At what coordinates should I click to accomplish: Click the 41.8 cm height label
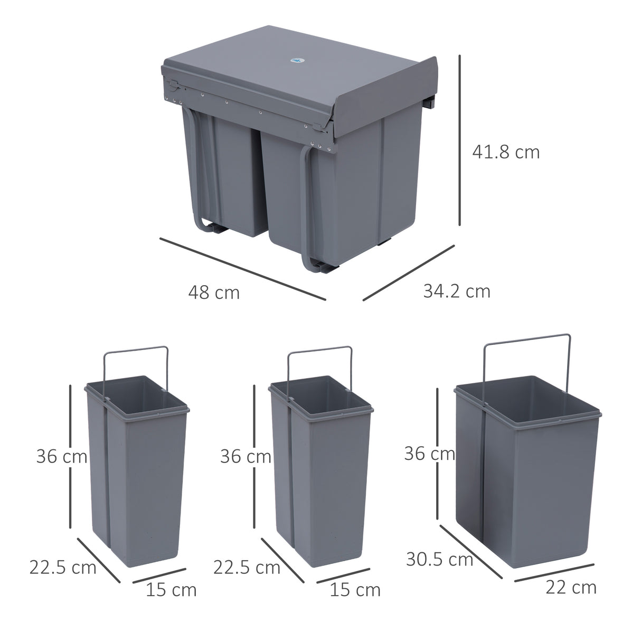(x=506, y=152)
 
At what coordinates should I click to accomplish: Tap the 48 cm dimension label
(x=214, y=292)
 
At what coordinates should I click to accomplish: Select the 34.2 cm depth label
(x=457, y=291)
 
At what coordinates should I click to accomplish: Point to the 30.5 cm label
(x=439, y=559)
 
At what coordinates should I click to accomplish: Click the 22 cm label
(x=571, y=587)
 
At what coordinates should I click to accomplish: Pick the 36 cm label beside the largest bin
(x=429, y=453)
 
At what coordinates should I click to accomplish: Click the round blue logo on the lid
(x=296, y=62)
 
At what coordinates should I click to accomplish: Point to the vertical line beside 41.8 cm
(x=460, y=140)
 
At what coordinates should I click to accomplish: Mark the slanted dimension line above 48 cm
(x=242, y=269)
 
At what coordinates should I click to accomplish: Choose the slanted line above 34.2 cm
(x=408, y=273)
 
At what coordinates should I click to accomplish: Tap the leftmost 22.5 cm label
(x=63, y=568)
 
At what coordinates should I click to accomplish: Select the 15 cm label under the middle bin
(x=355, y=590)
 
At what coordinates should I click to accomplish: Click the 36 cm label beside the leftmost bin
(x=61, y=456)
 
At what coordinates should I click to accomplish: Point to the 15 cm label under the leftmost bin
(x=171, y=590)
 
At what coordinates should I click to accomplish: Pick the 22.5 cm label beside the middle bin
(x=247, y=568)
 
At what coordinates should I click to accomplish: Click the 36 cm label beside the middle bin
(x=245, y=456)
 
